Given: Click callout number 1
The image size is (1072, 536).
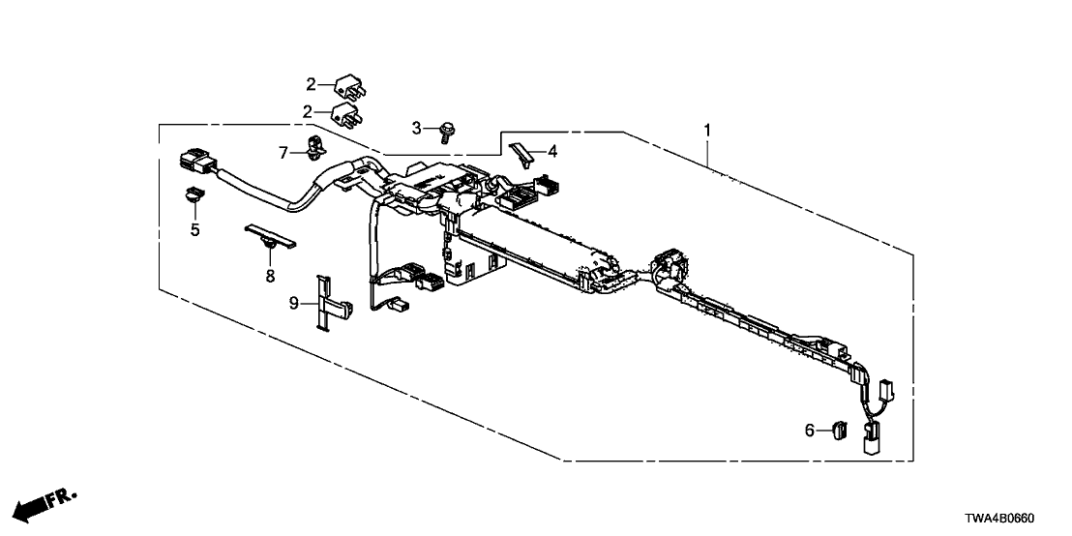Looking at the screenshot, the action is pyautogui.click(x=708, y=130).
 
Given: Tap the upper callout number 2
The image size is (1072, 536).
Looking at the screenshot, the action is pyautogui.click(x=312, y=85).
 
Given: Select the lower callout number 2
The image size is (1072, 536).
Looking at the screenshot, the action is pyautogui.click(x=309, y=111).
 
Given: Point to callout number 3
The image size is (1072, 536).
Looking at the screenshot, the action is pyautogui.click(x=416, y=128).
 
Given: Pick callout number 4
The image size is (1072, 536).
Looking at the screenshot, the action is pyautogui.click(x=552, y=152).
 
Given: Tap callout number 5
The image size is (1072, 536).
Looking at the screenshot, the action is pyautogui.click(x=194, y=229).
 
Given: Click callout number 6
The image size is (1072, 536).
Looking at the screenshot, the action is pyautogui.click(x=810, y=430).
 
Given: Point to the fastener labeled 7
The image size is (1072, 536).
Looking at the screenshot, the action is pyautogui.click(x=315, y=148).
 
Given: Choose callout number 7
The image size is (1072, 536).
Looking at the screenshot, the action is pyautogui.click(x=283, y=153).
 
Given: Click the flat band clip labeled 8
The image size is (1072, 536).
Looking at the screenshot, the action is pyautogui.click(x=270, y=234).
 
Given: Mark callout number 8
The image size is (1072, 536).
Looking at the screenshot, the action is pyautogui.click(x=270, y=276).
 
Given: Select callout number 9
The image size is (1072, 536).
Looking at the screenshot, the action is pyautogui.click(x=294, y=303).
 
